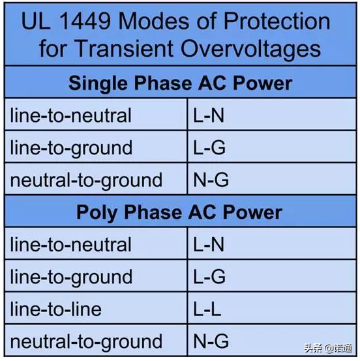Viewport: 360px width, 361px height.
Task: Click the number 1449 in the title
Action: (85, 22)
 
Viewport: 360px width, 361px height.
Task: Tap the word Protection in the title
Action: (277, 22)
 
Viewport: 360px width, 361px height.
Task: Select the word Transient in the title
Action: (124, 49)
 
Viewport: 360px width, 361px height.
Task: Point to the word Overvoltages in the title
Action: (250, 50)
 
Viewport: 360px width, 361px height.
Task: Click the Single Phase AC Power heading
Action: (180, 83)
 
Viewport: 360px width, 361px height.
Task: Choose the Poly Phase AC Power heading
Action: (179, 212)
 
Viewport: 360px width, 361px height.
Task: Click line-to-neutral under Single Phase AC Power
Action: (70, 115)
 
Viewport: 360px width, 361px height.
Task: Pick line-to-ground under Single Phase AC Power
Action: (71, 149)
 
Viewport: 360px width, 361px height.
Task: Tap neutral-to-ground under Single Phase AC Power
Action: (86, 180)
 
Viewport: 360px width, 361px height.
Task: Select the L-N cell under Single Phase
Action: (209, 115)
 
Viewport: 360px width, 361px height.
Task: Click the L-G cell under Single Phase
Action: (209, 147)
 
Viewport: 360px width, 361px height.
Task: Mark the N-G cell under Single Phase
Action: (211, 180)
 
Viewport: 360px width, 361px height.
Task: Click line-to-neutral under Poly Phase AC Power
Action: (70, 244)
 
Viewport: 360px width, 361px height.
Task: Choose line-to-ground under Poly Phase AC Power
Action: (71, 278)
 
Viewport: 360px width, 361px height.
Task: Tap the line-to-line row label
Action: (56, 309)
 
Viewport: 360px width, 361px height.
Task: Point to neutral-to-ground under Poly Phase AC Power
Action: (86, 342)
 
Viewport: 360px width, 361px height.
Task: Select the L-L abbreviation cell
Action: (207, 309)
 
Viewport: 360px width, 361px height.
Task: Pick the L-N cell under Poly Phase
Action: (209, 244)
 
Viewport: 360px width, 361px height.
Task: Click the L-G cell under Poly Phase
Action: (209, 277)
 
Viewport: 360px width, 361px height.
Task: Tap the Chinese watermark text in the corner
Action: (328, 349)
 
